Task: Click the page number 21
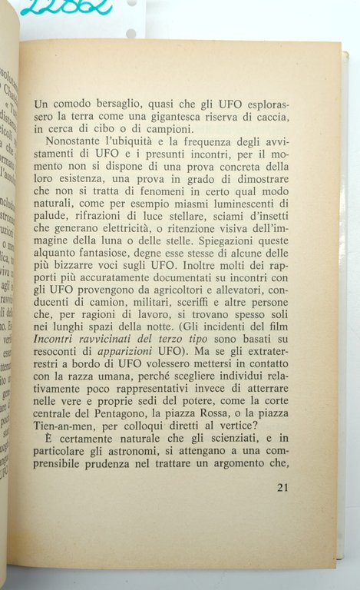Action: pos(282,487)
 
